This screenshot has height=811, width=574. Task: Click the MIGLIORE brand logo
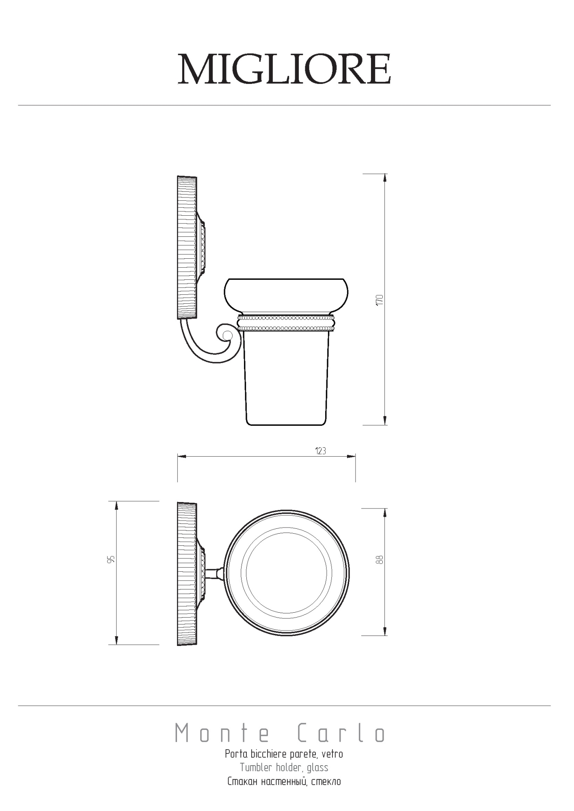point(284,69)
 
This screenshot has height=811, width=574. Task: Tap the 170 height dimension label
point(380,300)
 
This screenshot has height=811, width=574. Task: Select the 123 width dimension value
point(320,451)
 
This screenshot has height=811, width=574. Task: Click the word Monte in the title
point(222,733)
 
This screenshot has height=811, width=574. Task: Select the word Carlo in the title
point(341,733)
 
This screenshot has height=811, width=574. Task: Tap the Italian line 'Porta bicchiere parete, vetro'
point(284,754)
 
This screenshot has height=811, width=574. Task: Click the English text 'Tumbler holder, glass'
point(284,768)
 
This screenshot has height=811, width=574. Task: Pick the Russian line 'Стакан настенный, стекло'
point(284,781)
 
